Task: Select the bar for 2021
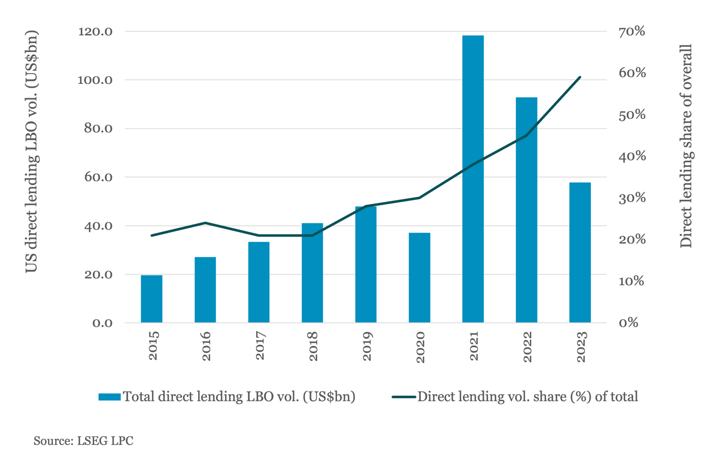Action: [473, 179]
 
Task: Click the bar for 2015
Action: [151, 299]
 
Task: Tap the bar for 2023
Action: [580, 253]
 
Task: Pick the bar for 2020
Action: [419, 278]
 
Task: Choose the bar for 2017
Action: [259, 282]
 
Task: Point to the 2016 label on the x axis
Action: [206, 346]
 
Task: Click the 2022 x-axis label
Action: [527, 347]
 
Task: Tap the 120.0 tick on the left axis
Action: [95, 31]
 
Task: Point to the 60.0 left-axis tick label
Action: [98, 177]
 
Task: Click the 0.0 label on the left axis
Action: [102, 323]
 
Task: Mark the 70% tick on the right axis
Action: [632, 31]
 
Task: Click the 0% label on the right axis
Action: [628, 323]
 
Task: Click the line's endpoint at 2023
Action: [580, 77]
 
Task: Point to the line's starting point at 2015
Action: [151, 235]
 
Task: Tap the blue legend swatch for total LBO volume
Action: [109, 397]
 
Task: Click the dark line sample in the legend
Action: [404, 397]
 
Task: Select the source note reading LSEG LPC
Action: [83, 441]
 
